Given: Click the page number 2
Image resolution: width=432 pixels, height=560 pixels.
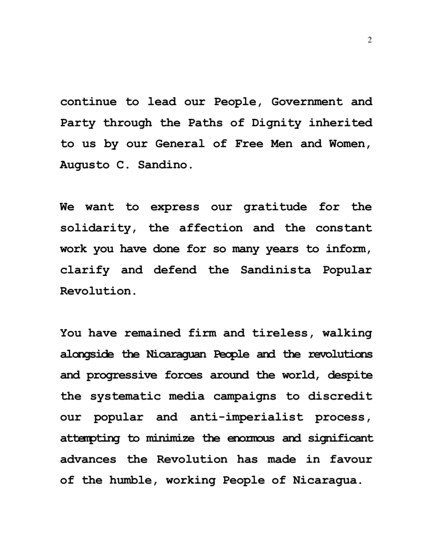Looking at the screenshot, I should [370, 41].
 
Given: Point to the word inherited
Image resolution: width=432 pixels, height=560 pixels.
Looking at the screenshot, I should [340, 123].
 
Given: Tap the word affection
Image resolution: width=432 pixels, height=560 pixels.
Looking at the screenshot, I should [211, 228].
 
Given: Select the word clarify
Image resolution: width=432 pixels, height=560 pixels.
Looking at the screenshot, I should [85, 270].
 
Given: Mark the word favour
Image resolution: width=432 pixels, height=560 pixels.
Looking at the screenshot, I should [351, 459].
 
